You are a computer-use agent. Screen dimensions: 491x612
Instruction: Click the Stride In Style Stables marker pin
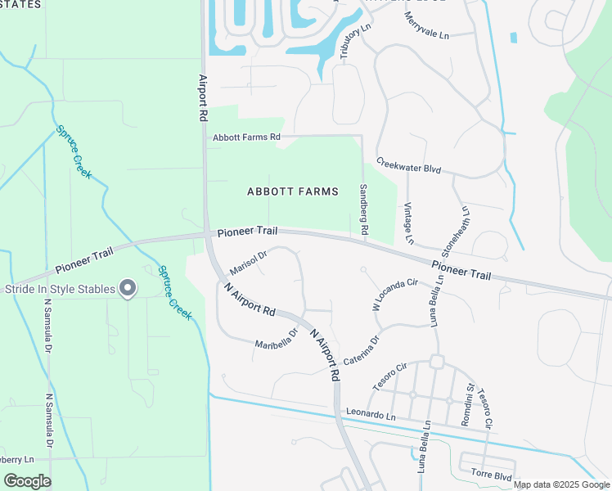[x=128, y=288]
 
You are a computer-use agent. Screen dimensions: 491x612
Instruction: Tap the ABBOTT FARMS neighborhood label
[x=293, y=191]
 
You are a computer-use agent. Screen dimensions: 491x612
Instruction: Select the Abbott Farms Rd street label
[x=246, y=137]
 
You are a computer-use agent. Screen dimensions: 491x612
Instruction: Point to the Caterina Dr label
[x=362, y=350]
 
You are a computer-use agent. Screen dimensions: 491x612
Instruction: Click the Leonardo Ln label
[x=370, y=413]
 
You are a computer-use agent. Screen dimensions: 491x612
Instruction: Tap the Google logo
[x=27, y=480]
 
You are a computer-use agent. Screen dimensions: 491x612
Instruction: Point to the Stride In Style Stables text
[x=59, y=288]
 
